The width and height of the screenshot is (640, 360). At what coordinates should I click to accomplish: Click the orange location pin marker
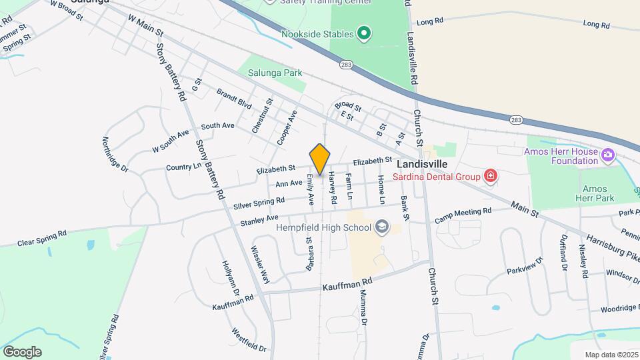[x=320, y=159]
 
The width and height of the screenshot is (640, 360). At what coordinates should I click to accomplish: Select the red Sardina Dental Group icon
[x=491, y=177]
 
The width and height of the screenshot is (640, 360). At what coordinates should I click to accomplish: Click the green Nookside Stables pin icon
[x=363, y=33]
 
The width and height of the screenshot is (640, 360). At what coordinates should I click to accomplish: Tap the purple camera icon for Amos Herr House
[x=607, y=155]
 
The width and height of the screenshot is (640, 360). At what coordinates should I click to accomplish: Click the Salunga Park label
[x=275, y=73]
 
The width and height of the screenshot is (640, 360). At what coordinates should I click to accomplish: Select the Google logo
[x=22, y=351]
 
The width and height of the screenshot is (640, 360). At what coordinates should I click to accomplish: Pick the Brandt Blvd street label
[x=234, y=100]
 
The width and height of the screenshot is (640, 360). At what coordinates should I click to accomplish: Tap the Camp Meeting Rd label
[x=463, y=214]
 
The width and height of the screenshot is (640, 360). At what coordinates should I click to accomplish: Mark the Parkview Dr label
[x=525, y=265]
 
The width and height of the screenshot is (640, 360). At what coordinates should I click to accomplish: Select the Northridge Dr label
[x=115, y=155]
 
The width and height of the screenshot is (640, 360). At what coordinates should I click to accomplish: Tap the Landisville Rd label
[x=412, y=50]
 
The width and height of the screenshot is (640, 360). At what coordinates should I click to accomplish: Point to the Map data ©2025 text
[x=611, y=354]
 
